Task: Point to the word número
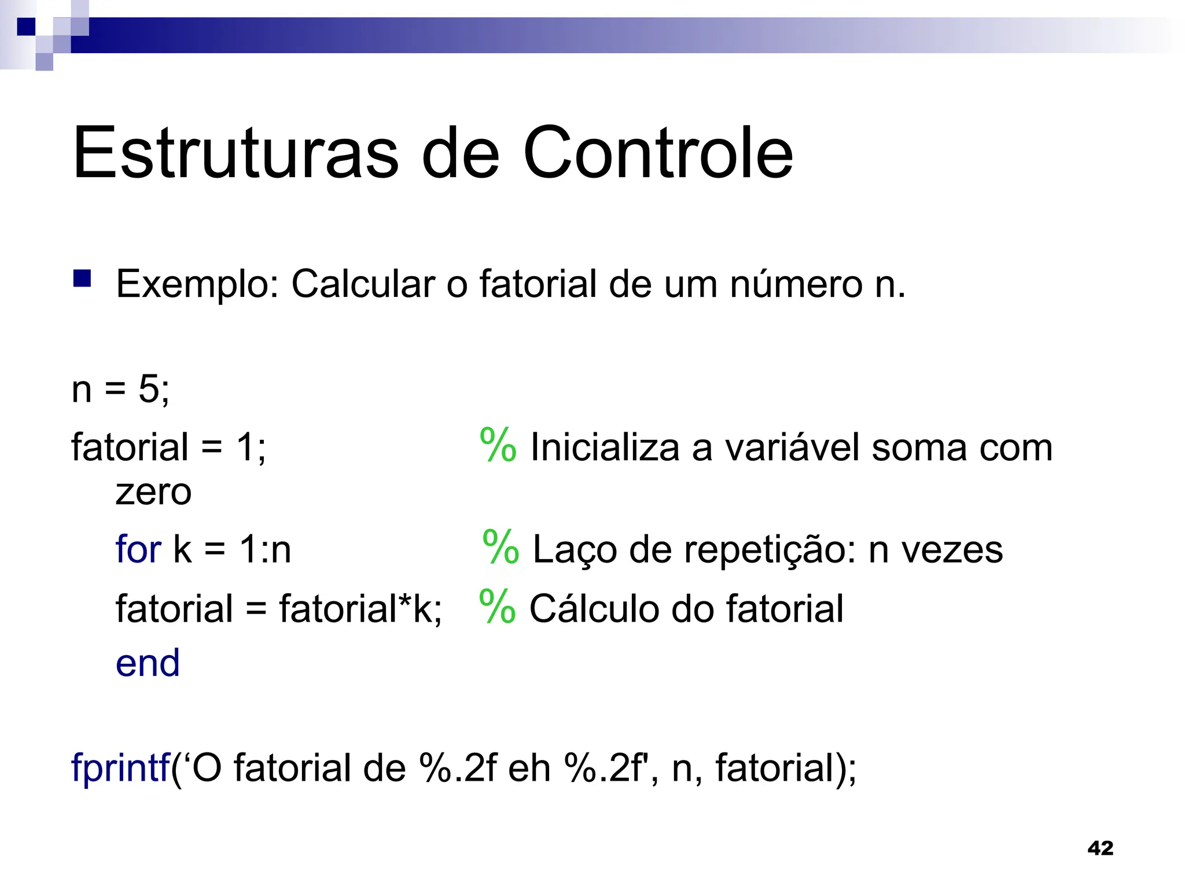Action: [796, 285]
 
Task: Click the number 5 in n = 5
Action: [149, 389]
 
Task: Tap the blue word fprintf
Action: [120, 768]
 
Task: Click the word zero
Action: [153, 493]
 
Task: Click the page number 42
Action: [1100, 848]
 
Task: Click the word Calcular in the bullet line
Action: [363, 285]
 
